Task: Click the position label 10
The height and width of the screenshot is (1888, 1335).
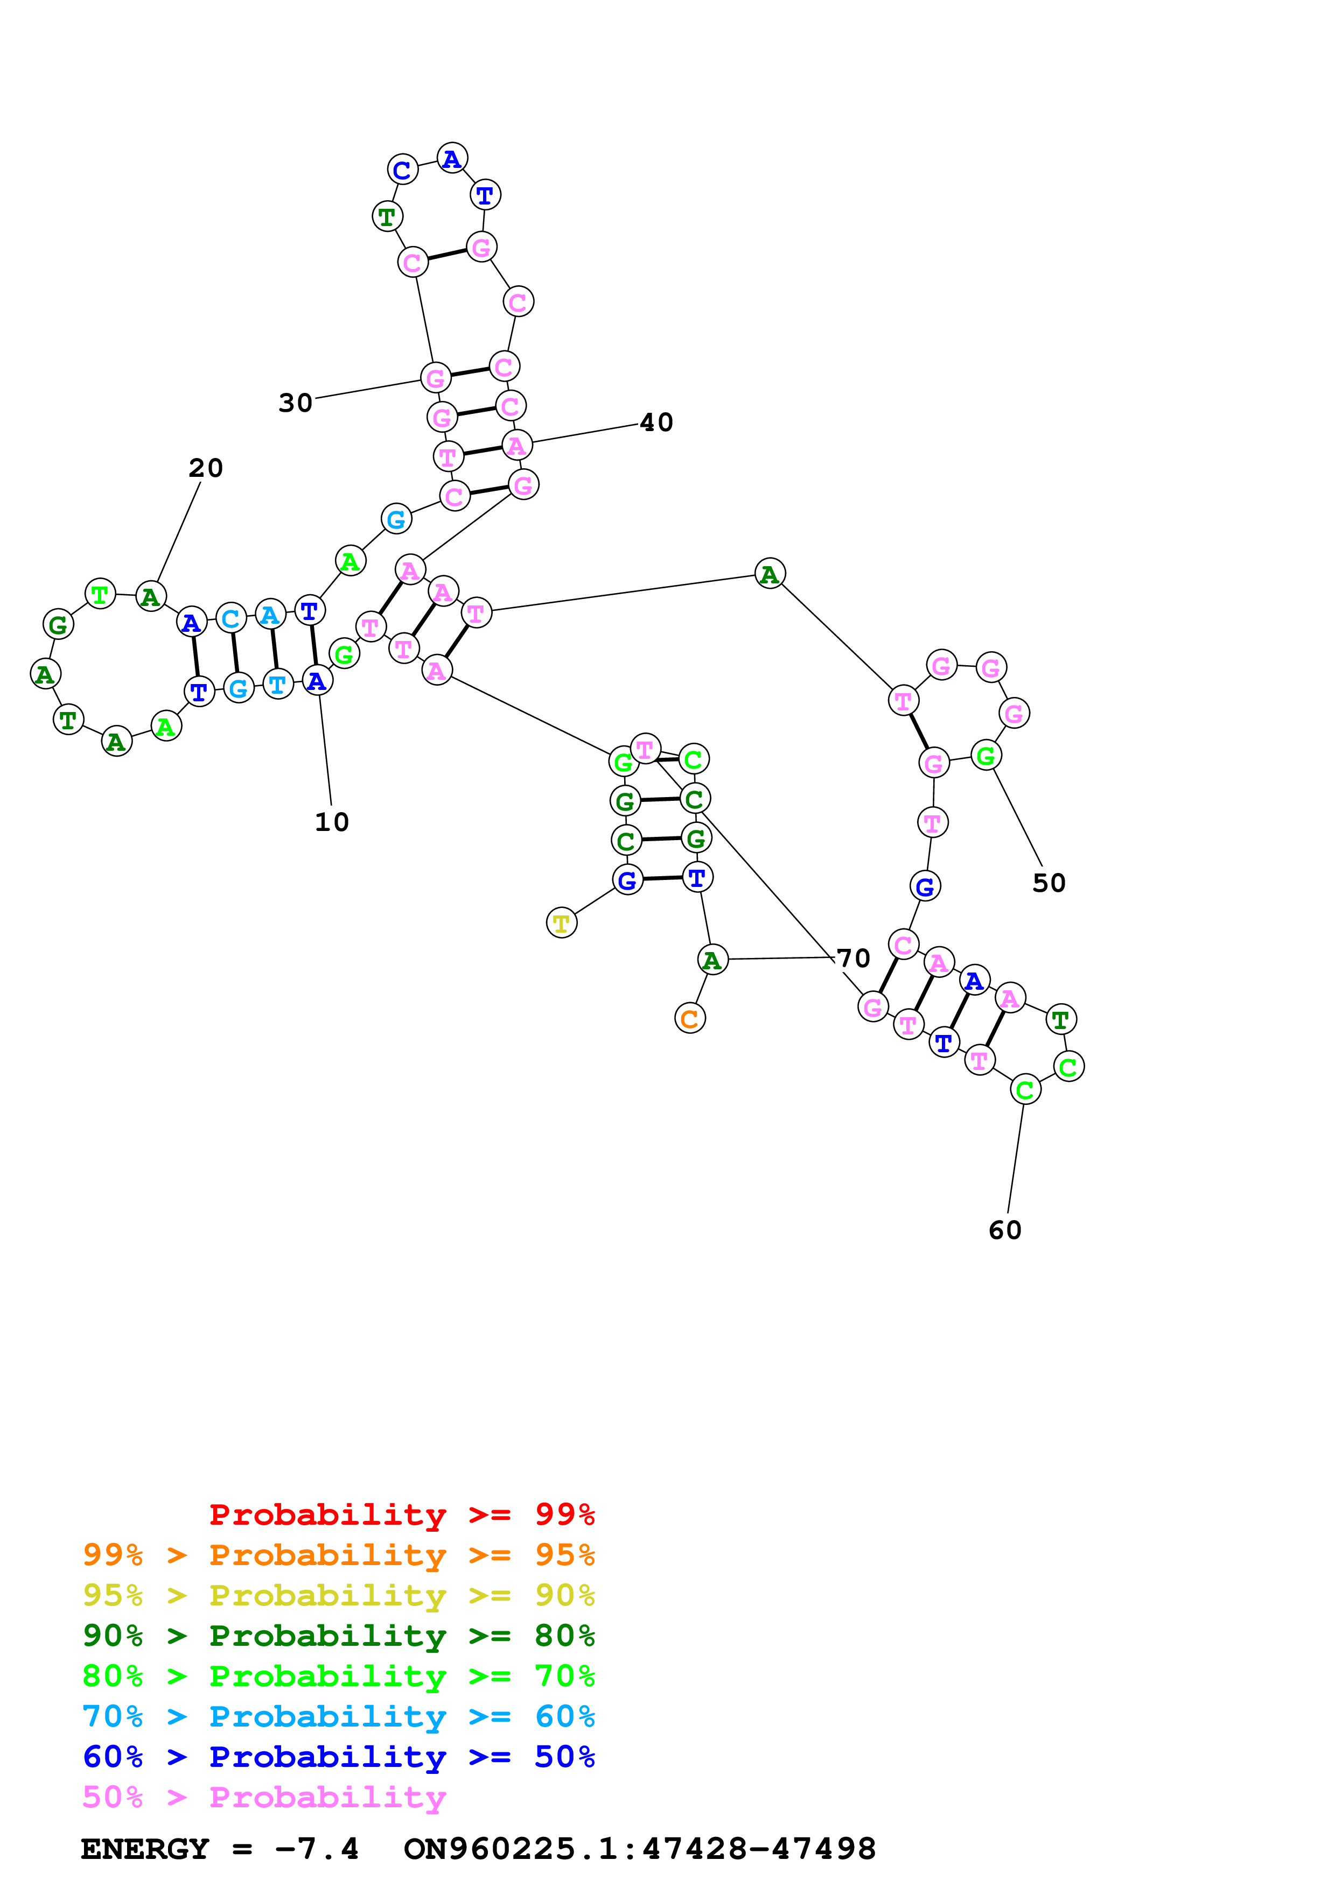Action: click(x=332, y=821)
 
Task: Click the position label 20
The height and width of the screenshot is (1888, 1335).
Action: click(x=206, y=468)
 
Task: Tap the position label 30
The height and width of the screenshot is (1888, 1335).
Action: click(x=295, y=403)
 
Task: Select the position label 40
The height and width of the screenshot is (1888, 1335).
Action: click(x=656, y=422)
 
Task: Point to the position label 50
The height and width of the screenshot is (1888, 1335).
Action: click(x=1049, y=883)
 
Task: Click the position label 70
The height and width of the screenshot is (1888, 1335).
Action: click(x=853, y=958)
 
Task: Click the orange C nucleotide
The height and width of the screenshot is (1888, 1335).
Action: click(x=690, y=1019)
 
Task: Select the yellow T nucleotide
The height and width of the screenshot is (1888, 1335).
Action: click(x=562, y=924)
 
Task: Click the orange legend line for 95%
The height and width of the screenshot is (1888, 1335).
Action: click(x=338, y=1555)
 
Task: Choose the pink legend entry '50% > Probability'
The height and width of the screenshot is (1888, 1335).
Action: click(x=264, y=1797)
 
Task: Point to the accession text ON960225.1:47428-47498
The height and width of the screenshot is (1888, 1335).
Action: click(x=639, y=1849)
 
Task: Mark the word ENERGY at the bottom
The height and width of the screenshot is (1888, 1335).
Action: click(x=145, y=1849)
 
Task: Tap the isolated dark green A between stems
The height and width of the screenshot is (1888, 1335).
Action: click(x=769, y=574)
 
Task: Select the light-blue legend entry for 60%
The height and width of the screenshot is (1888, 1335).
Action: click(x=338, y=1716)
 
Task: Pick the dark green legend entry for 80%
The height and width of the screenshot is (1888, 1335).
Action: click(x=338, y=1636)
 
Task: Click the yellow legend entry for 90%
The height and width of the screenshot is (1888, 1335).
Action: click(x=338, y=1595)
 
